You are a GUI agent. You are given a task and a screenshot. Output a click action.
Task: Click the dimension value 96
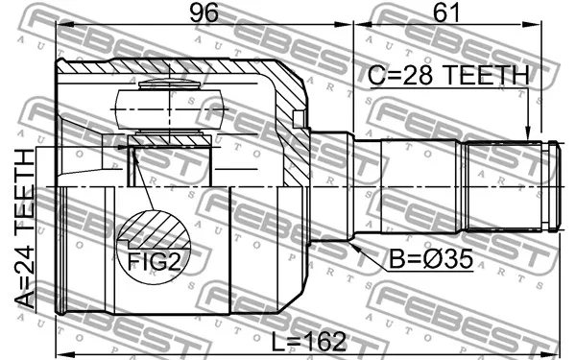204,12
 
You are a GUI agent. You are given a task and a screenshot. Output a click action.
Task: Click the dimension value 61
446,12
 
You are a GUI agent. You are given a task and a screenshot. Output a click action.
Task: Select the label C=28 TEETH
448,75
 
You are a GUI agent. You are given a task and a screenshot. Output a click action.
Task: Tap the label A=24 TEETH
25,228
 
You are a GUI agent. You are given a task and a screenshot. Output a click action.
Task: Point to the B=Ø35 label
431,258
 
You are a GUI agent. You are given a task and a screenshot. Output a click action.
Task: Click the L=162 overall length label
308,341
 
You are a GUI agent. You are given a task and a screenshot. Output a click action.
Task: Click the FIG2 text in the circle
154,261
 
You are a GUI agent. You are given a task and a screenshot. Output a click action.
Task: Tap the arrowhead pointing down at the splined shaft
528,133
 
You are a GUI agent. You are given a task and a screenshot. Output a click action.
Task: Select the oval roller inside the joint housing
169,109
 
